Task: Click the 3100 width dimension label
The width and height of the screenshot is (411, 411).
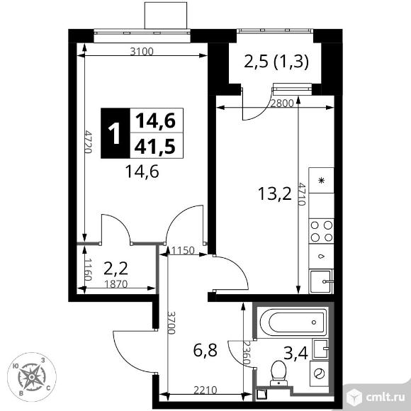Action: (x=142, y=51)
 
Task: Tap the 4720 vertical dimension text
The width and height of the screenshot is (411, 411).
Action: (x=89, y=142)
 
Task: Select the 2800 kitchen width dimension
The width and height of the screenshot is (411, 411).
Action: (x=282, y=103)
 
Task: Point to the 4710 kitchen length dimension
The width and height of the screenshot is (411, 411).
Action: (x=302, y=194)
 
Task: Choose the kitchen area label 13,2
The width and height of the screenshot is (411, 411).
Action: (x=275, y=193)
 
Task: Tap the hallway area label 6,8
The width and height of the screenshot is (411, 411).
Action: (x=205, y=350)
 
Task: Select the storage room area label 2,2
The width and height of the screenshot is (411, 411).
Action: (x=116, y=269)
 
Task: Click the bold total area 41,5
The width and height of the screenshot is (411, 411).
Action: (x=154, y=146)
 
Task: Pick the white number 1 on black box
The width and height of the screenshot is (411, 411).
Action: (x=114, y=134)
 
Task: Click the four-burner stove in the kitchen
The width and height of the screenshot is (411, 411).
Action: (x=321, y=231)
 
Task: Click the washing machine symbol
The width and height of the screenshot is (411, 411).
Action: (x=320, y=373)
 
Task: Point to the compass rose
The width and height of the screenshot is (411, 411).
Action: (x=32, y=377)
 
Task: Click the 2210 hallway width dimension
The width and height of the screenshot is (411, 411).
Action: (x=205, y=390)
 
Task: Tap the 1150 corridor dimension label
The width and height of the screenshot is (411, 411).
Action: (x=183, y=251)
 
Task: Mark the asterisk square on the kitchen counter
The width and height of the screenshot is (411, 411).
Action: (x=321, y=181)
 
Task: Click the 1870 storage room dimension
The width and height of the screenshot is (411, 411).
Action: (x=116, y=284)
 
